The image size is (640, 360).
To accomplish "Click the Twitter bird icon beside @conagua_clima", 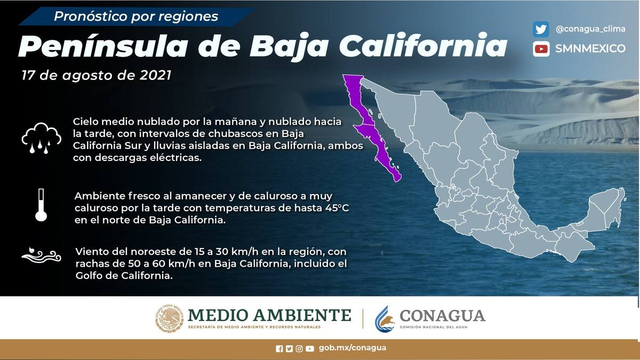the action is pos(541,29).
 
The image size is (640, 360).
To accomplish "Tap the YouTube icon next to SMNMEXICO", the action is pos(541,49).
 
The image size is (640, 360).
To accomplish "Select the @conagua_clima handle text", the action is pos(590,29).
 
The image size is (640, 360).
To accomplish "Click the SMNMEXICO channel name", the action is pos(590,49).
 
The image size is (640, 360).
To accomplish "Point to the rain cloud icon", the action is pos(41,138).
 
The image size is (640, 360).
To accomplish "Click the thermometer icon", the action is pos(41,205).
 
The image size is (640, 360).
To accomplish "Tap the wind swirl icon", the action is pos(41,254).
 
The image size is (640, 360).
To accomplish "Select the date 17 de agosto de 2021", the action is pos(97,75).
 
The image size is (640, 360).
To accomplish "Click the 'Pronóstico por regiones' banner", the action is pos(136,17).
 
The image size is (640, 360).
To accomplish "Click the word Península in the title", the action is pos(103,46).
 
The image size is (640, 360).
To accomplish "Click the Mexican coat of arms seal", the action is pos(169,318).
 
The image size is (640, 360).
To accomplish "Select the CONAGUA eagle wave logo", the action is pos(385,319).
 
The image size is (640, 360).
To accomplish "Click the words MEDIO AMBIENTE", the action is pos(269,315).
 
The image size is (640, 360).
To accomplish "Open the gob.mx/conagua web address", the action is pos(353,348).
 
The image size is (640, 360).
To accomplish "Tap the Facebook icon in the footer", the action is pos(279,349).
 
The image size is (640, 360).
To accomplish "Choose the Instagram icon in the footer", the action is pos(299,349).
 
